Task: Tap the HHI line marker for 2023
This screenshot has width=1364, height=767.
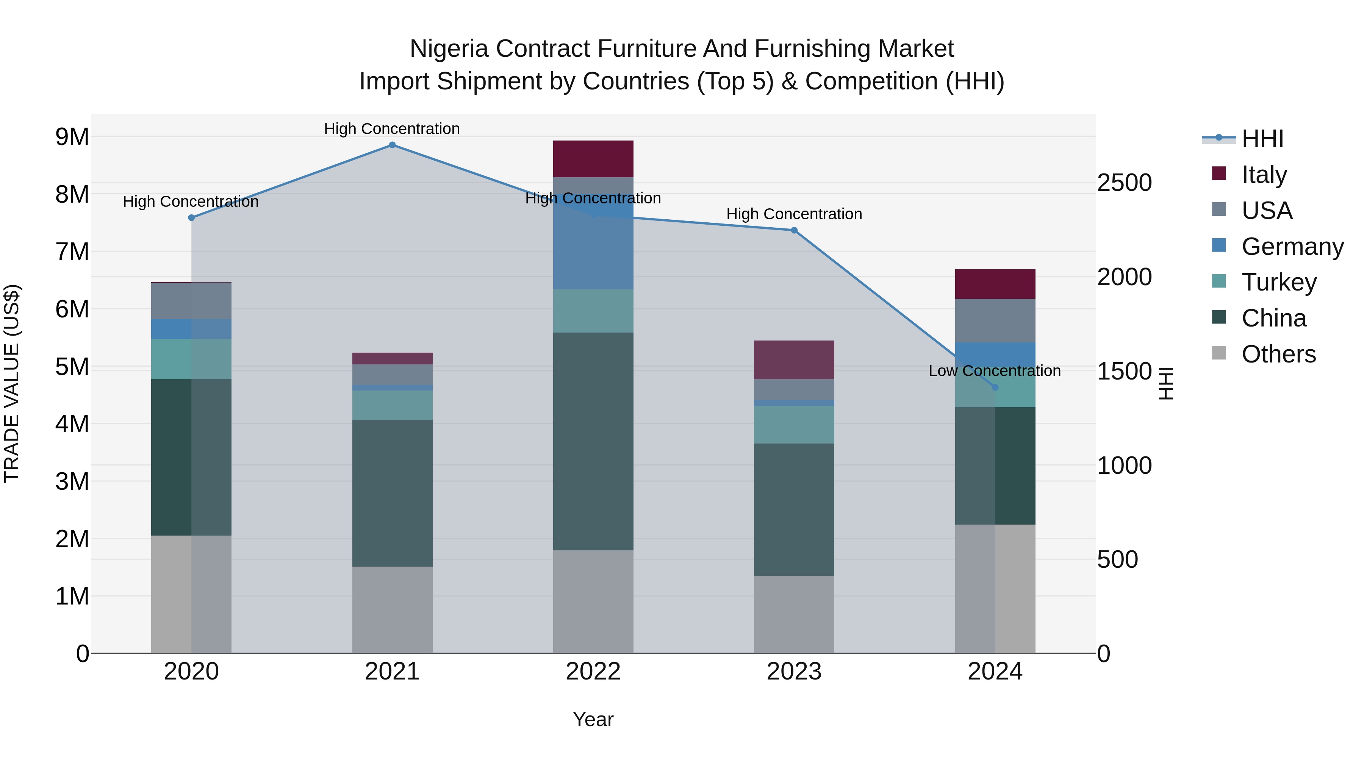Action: (x=794, y=230)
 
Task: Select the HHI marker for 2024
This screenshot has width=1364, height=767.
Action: (x=995, y=387)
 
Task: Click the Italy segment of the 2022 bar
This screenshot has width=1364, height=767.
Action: (x=593, y=159)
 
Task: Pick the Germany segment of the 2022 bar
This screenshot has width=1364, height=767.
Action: (x=593, y=249)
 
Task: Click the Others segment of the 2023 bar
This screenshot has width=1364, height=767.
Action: (x=794, y=614)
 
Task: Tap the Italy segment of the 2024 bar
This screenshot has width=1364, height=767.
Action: (x=995, y=284)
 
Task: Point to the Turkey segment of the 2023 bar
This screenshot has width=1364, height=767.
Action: (x=794, y=425)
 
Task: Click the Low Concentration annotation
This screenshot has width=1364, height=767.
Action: (x=995, y=371)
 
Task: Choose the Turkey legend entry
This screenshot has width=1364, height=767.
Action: (x=1279, y=282)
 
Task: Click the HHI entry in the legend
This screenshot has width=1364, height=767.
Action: (x=1262, y=139)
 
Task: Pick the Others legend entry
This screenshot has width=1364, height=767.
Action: (x=1278, y=354)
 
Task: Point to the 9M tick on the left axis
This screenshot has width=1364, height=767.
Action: (x=72, y=137)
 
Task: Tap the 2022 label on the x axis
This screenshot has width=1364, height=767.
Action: (x=593, y=672)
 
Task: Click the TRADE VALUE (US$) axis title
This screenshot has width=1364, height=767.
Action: (x=12, y=383)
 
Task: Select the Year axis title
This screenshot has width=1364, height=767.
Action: (x=593, y=719)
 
